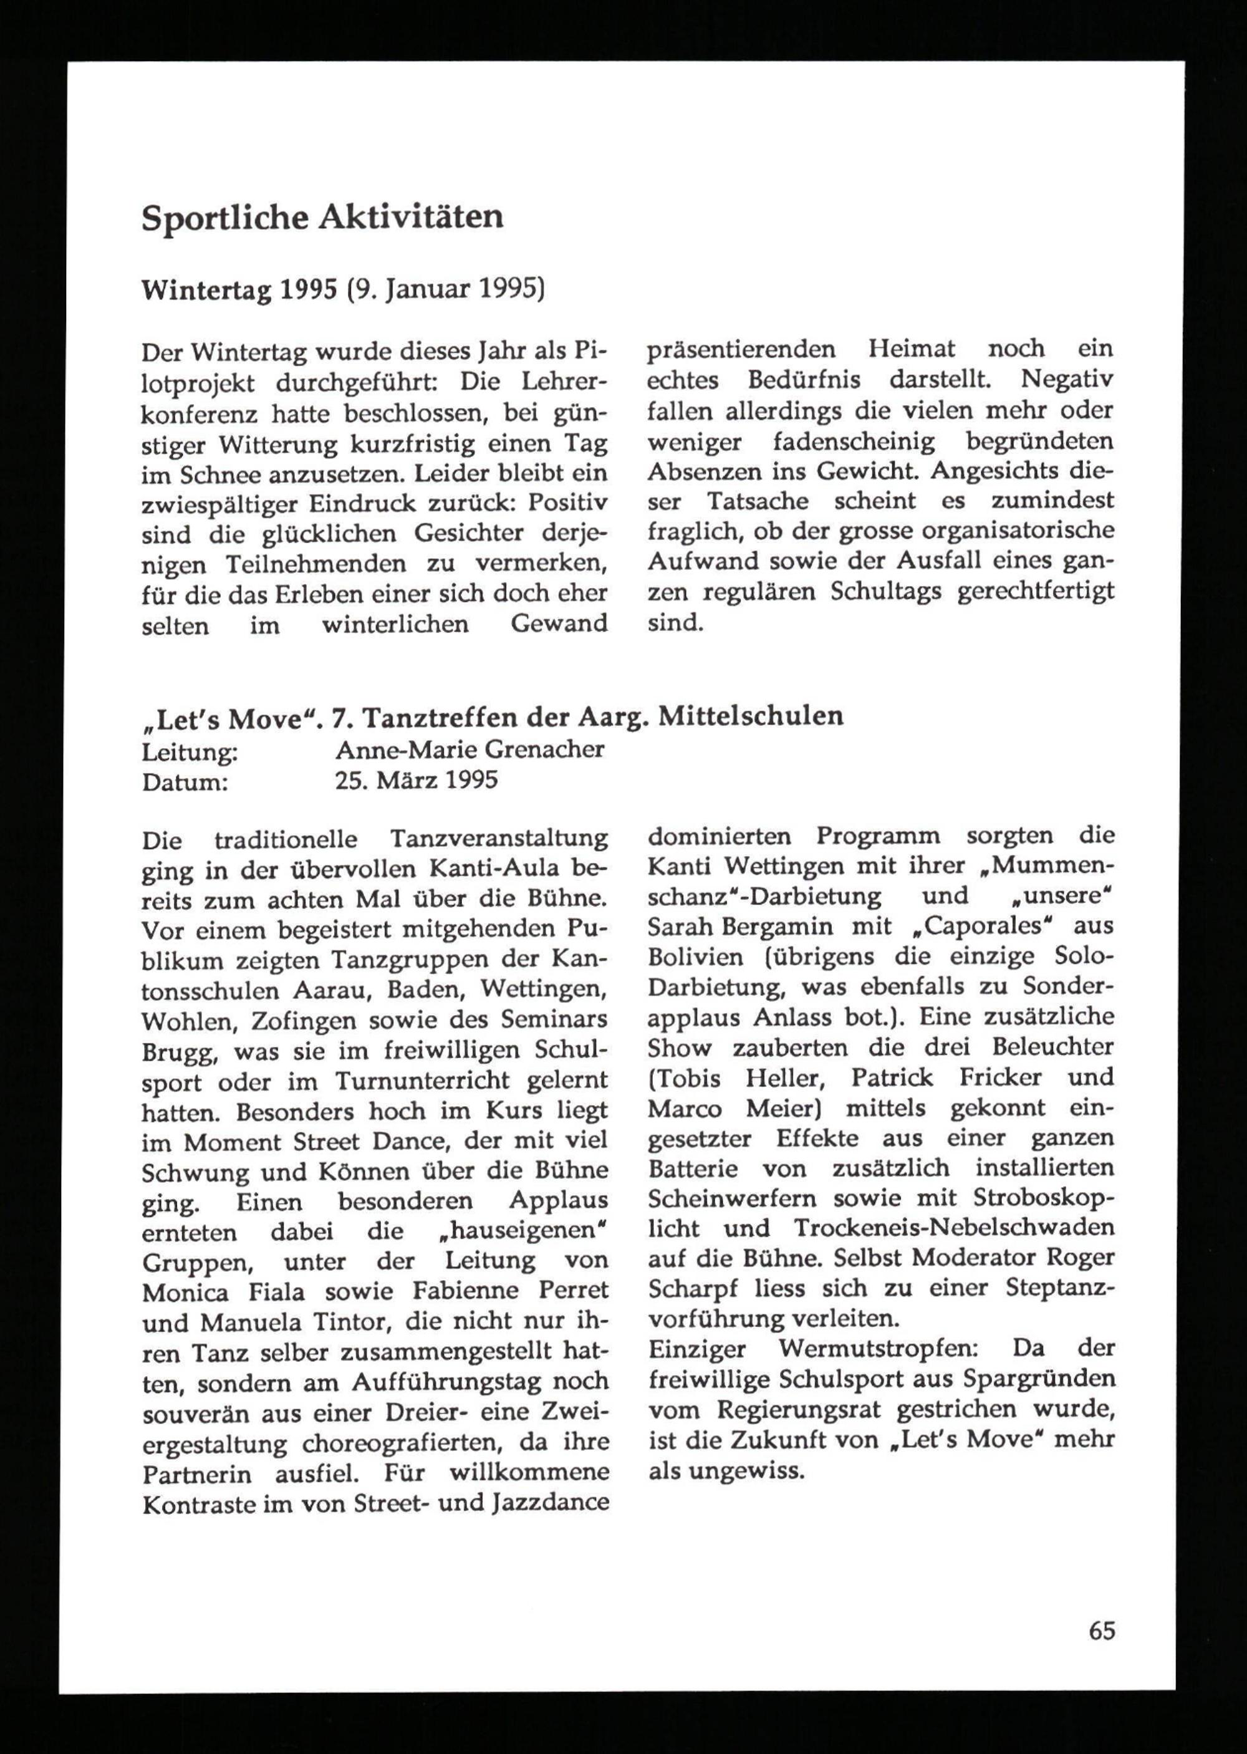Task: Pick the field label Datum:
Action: click(185, 782)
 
